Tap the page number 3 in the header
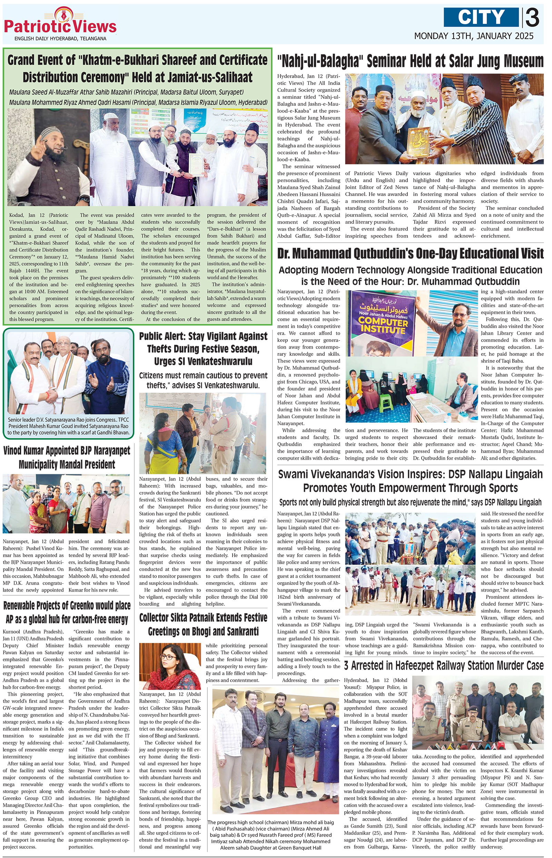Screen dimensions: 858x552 (x=533, y=18)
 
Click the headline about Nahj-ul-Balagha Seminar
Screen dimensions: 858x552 (x=410, y=62)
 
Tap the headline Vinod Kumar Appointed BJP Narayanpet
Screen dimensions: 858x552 (x=67, y=458)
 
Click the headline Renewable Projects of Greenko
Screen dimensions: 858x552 (x=67, y=612)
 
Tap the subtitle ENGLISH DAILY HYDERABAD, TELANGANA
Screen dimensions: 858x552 (x=60, y=39)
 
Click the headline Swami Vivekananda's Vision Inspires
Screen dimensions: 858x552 (x=410, y=481)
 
